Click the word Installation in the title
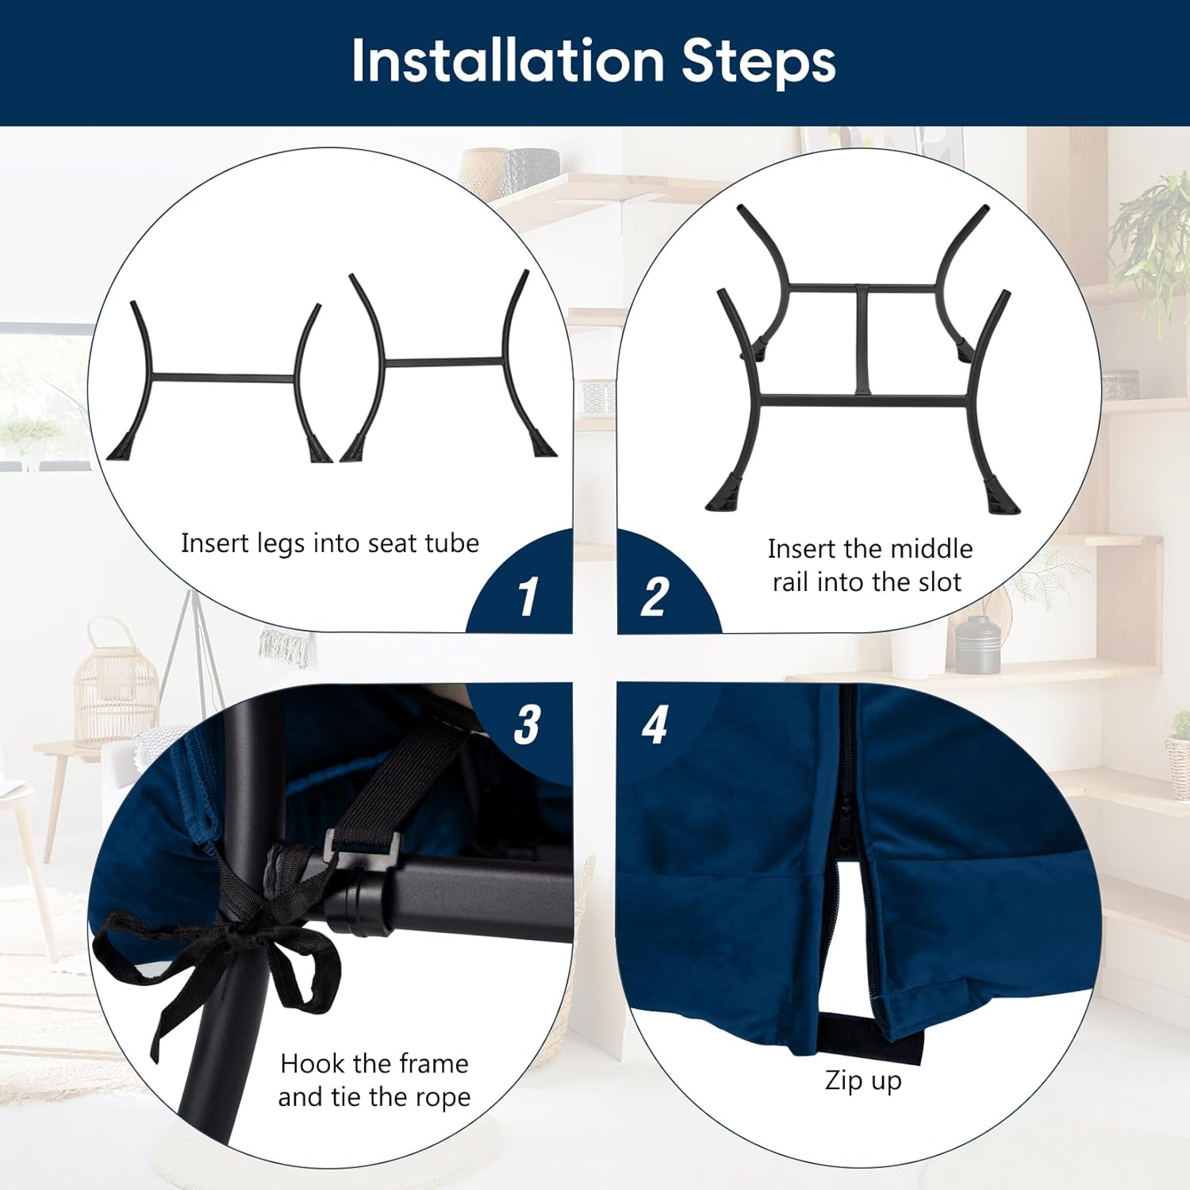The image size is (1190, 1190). pos(508,60)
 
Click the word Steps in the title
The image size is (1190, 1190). pos(758,61)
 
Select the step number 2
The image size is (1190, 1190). pos(654,597)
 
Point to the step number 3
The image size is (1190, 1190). pos(528,724)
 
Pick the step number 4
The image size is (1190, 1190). pos(654,724)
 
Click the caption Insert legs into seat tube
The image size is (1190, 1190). pos(330,543)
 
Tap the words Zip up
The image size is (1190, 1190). pos(863,1081)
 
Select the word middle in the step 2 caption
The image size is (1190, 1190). pos(933,549)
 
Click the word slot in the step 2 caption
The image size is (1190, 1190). pos(940,582)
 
